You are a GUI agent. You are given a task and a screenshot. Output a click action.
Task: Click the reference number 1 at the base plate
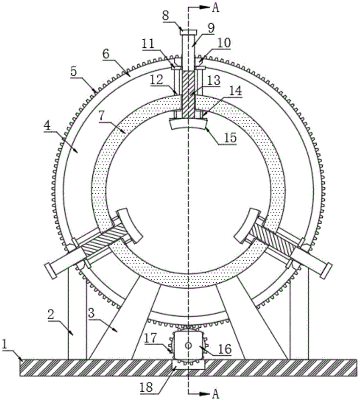click(x=4, y=345)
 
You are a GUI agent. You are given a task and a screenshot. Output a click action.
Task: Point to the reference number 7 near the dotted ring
click(x=102, y=116)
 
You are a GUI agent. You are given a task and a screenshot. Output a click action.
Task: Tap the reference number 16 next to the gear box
click(x=225, y=348)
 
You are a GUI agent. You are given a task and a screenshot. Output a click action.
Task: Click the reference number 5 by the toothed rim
click(x=73, y=72)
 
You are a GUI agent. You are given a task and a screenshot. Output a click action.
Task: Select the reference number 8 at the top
click(x=165, y=16)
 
